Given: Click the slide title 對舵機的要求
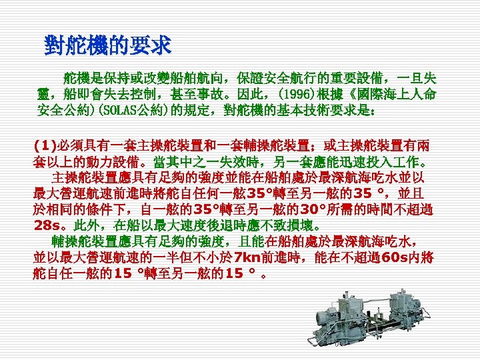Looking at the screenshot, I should point(108,45).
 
